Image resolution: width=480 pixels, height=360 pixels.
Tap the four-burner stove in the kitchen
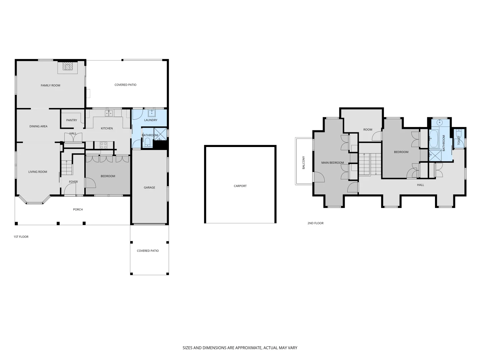pyautogui.click(x=103, y=145)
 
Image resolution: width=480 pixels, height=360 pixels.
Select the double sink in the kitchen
pyautogui.click(x=109, y=113)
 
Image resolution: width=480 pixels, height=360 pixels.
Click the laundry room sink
pyautogui.click(x=152, y=113)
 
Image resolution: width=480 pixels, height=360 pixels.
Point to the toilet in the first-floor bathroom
pyautogui.click(x=147, y=143)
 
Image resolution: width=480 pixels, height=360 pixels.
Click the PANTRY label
pyautogui.click(x=72, y=120)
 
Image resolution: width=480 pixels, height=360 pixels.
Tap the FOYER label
pyautogui.click(x=73, y=182)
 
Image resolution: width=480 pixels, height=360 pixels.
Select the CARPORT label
pyautogui.click(x=240, y=186)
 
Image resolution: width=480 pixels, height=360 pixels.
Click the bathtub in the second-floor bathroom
pyautogui.click(x=434, y=139)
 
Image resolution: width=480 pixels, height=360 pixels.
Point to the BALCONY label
pyautogui.click(x=304, y=163)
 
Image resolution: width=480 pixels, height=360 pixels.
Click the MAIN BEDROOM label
pyautogui.click(x=332, y=163)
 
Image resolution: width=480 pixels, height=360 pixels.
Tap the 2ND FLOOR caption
pyautogui.click(x=315, y=223)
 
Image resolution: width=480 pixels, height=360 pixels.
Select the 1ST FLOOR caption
pyautogui.click(x=21, y=237)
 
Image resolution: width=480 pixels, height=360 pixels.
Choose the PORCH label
pyautogui.click(x=78, y=209)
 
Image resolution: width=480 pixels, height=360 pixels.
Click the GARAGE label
pyautogui.click(x=149, y=188)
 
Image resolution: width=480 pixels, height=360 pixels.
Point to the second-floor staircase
pyautogui.click(x=370, y=164)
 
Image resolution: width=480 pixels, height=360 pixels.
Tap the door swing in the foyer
pyautogui.click(x=70, y=190)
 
